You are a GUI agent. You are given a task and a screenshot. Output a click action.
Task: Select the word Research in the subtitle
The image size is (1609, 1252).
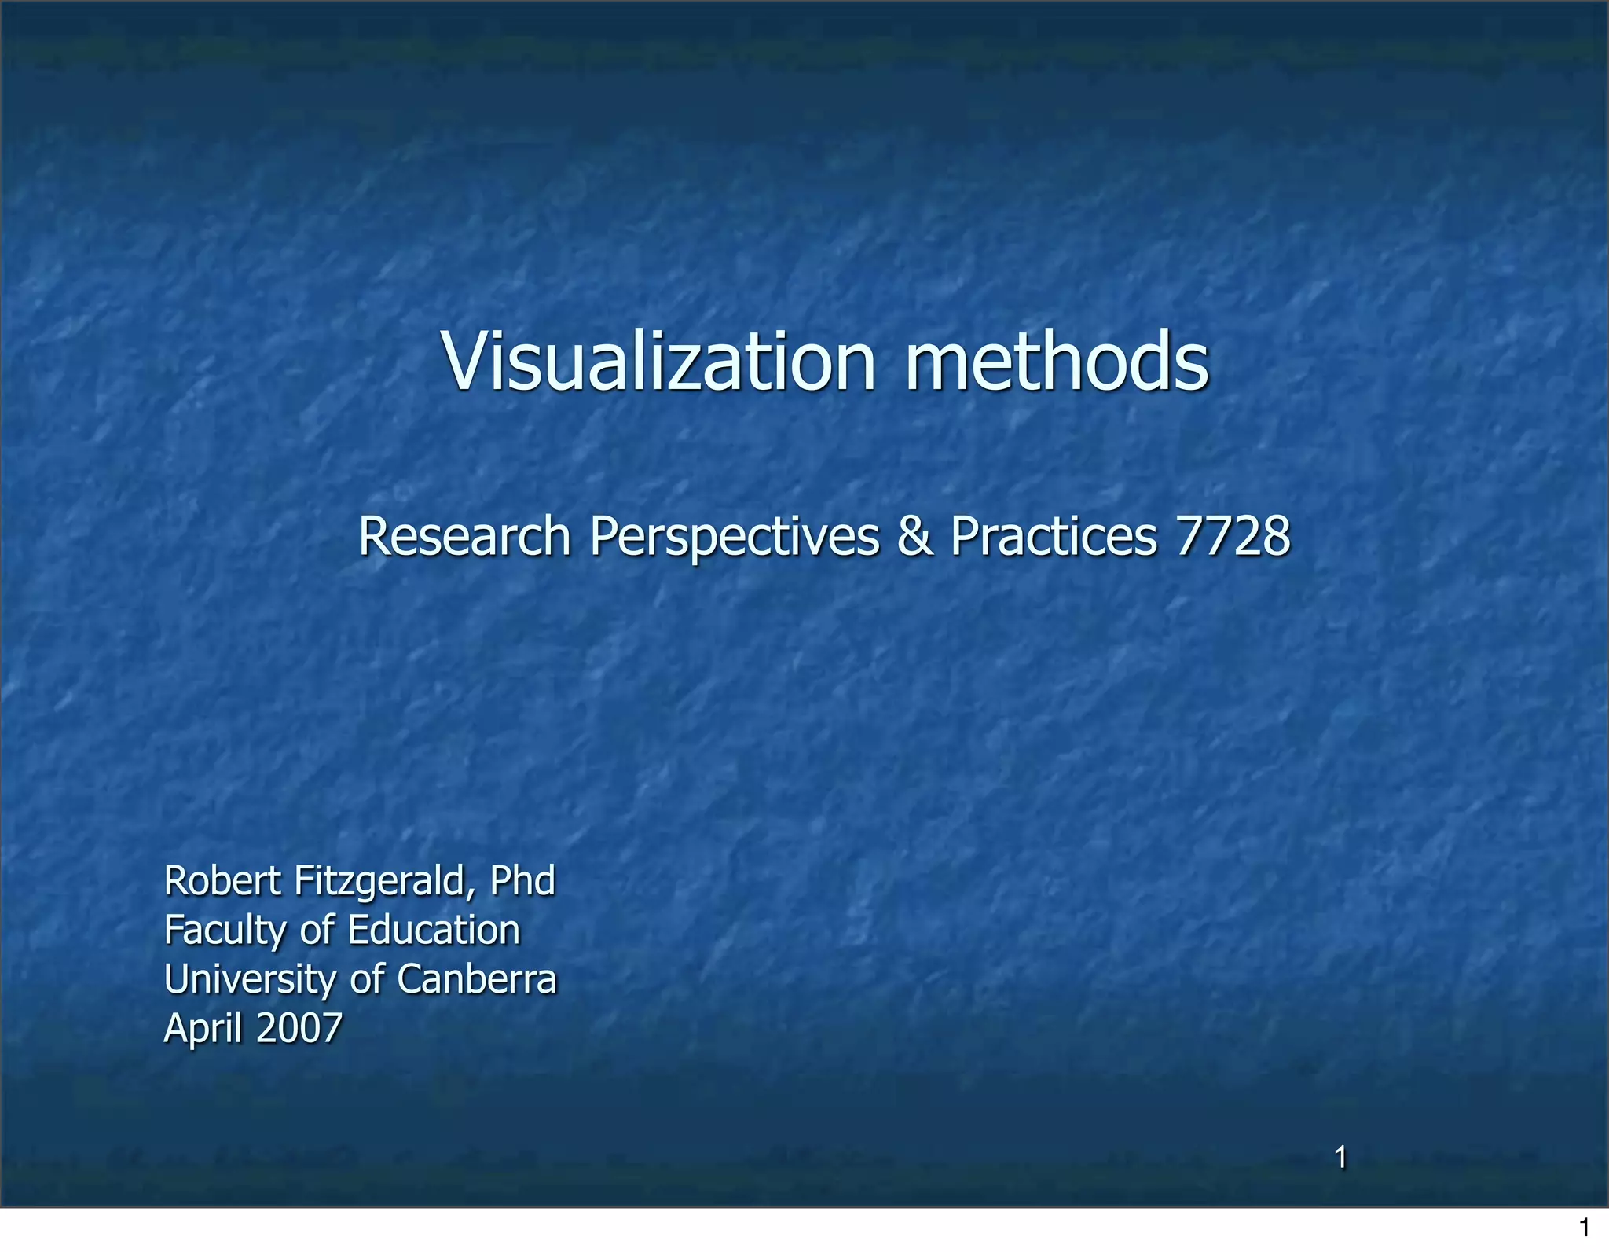point(464,537)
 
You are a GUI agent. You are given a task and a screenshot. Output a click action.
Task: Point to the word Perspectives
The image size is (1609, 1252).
point(735,538)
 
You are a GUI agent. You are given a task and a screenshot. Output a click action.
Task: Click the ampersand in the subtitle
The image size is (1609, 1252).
point(914,537)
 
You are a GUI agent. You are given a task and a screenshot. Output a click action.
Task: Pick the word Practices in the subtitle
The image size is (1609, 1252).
point(1054,537)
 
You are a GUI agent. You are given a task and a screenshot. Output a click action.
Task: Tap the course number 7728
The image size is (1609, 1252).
point(1233,537)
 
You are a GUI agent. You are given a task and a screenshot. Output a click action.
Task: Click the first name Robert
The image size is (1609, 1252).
point(222,880)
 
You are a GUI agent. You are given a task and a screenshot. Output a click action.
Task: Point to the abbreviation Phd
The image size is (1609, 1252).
point(522,880)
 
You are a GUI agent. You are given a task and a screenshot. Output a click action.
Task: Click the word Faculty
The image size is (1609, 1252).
point(225,931)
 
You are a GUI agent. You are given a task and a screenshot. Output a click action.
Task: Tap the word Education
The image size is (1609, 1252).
point(434,930)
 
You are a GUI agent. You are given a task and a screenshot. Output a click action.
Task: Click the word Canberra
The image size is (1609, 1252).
point(477,979)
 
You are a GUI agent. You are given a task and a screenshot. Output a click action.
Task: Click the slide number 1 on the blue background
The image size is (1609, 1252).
point(1341,1158)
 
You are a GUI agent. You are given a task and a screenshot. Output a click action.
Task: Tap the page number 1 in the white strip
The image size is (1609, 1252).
point(1585,1228)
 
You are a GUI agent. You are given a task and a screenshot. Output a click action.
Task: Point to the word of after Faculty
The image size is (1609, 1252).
point(317,930)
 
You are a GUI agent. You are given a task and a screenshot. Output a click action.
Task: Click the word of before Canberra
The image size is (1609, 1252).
point(367,979)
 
